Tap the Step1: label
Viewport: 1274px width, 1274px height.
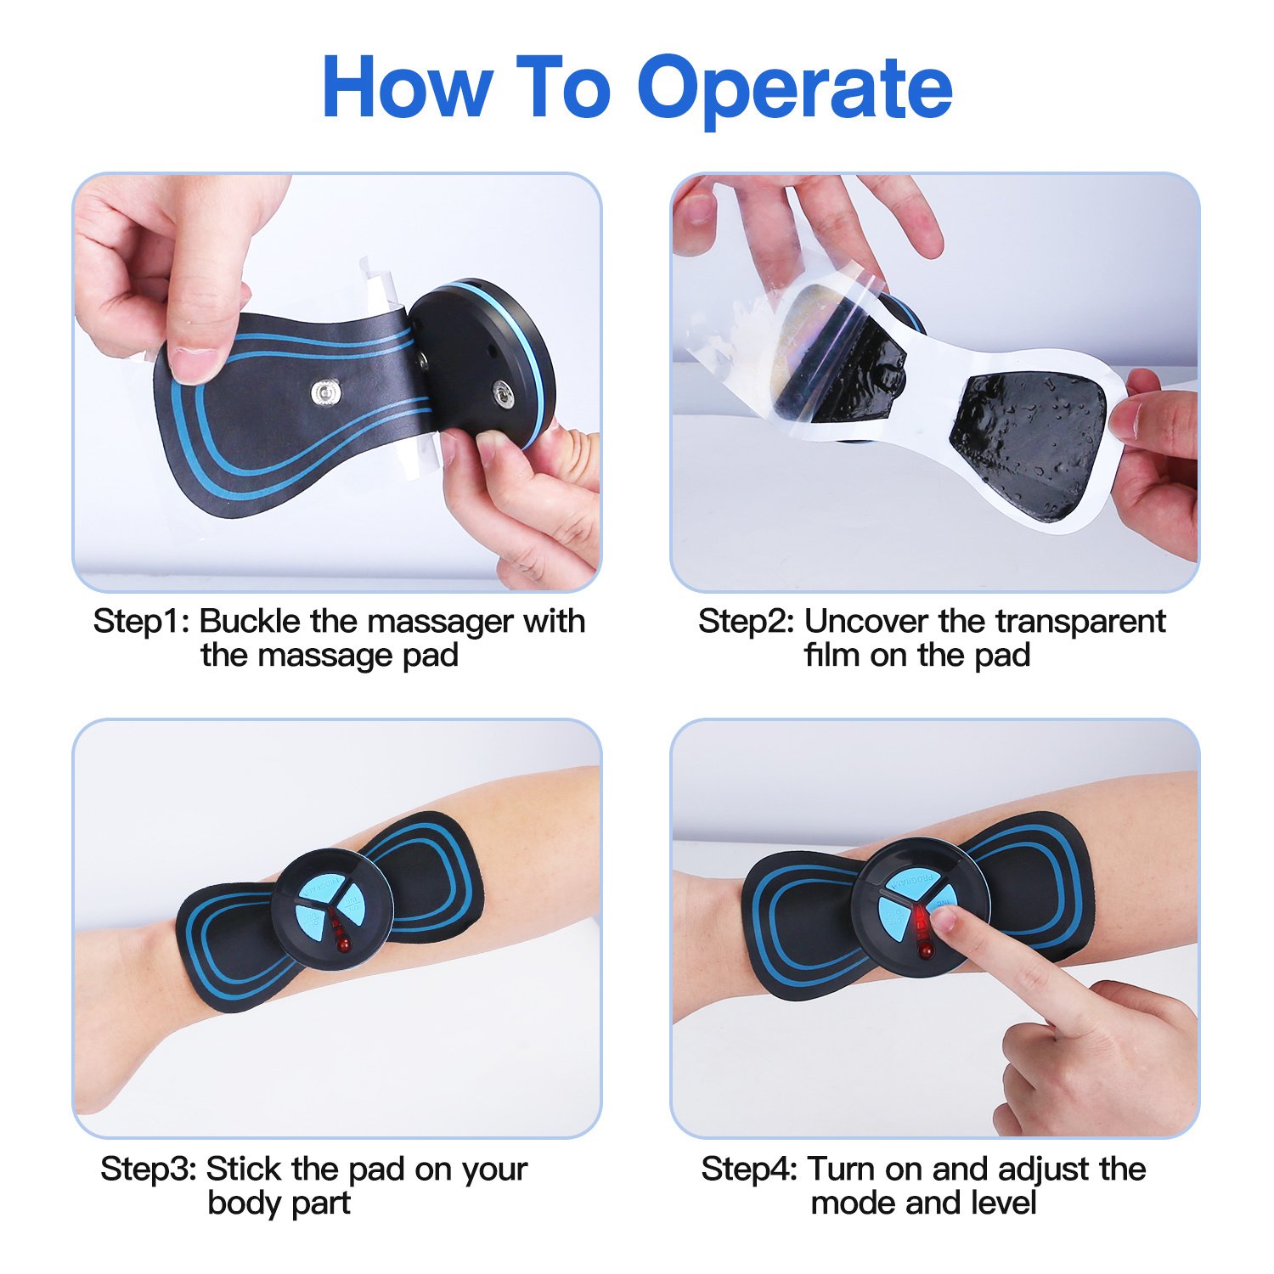tap(142, 622)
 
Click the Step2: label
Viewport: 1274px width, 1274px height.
tap(747, 622)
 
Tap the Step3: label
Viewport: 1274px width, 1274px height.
tap(149, 1170)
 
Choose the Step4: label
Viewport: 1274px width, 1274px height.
tap(750, 1170)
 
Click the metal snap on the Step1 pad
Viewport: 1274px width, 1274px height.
tap(324, 392)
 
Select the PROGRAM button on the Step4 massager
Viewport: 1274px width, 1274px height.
tap(922, 883)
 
